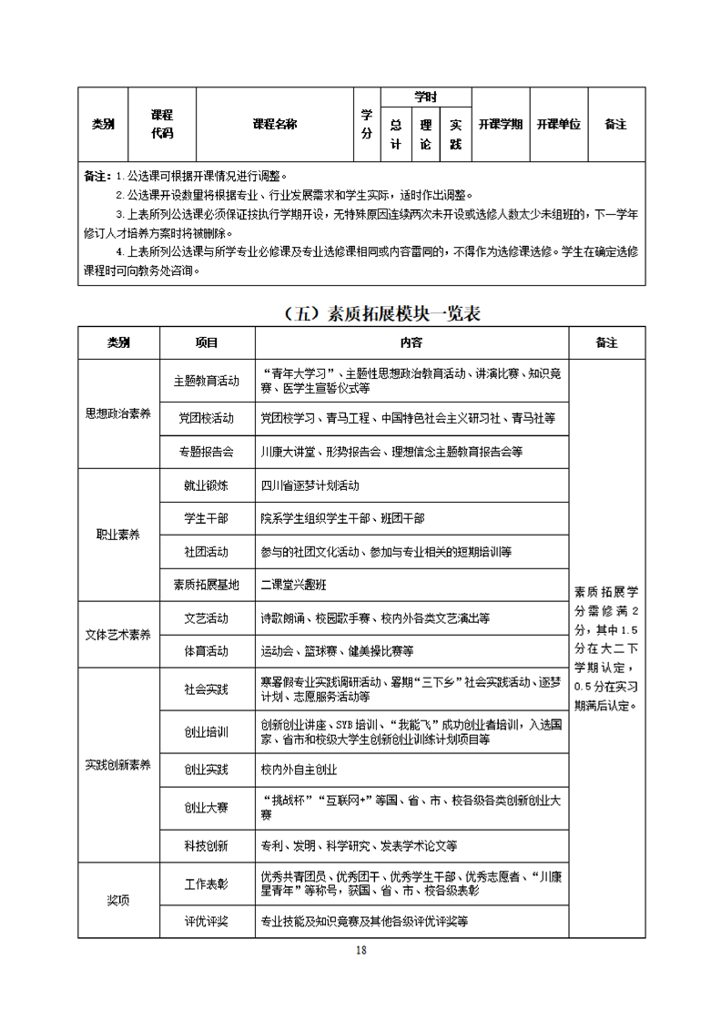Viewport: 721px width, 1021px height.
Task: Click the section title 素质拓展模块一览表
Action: click(381, 314)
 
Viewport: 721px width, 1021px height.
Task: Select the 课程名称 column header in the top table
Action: click(274, 125)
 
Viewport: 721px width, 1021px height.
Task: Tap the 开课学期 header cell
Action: click(500, 125)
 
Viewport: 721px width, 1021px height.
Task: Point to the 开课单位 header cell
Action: click(558, 125)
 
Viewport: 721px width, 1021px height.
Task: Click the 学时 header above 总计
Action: click(425, 97)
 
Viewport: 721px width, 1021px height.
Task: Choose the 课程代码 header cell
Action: click(161, 125)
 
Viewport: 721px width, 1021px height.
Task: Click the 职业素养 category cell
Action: click(118, 536)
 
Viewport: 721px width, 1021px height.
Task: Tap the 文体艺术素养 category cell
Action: click(118, 635)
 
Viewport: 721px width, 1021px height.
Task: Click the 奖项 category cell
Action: click(118, 900)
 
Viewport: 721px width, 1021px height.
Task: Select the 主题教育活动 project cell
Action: click(207, 380)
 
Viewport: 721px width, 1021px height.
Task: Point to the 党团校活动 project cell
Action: click(207, 418)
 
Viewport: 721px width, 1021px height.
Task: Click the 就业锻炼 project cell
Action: click(207, 485)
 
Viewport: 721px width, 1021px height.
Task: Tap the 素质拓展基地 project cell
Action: click(207, 585)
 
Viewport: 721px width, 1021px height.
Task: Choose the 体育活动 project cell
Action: click(207, 651)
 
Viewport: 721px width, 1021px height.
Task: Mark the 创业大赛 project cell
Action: click(207, 807)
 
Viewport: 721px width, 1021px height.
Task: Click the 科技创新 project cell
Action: click(207, 845)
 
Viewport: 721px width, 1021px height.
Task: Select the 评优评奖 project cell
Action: click(207, 921)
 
